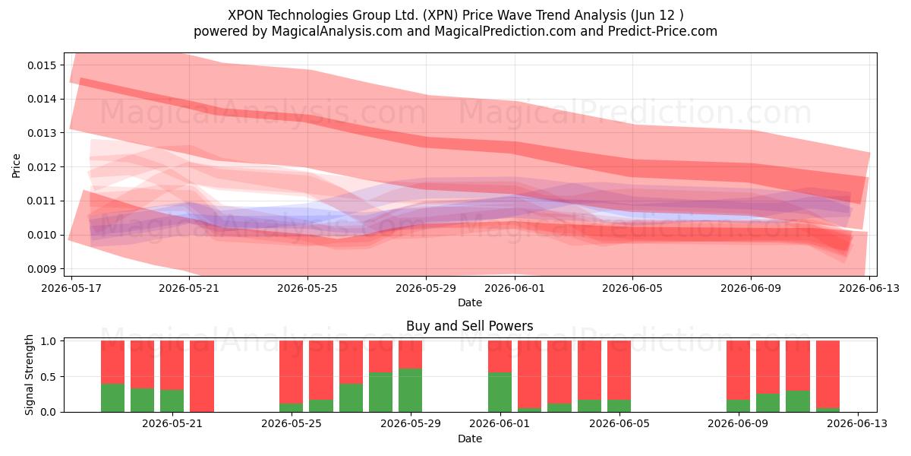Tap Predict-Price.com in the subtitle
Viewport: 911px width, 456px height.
click(663, 31)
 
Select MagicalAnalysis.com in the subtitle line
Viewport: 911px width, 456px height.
click(337, 31)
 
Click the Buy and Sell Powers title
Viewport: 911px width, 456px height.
click(469, 326)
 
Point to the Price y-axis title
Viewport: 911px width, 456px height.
click(16, 166)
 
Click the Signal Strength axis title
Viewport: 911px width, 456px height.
click(29, 375)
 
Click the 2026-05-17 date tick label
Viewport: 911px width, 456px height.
click(71, 288)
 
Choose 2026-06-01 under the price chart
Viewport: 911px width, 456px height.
click(515, 288)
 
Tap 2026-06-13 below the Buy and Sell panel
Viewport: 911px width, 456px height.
click(858, 424)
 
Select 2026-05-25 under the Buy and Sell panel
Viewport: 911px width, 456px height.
click(292, 424)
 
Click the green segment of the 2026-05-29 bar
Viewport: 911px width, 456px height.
click(411, 391)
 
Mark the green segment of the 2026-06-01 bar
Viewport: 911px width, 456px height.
click(500, 392)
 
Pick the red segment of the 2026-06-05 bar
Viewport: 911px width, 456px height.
click(619, 370)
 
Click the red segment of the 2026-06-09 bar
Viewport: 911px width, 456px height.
click(738, 370)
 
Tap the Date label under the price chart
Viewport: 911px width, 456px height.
click(470, 302)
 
